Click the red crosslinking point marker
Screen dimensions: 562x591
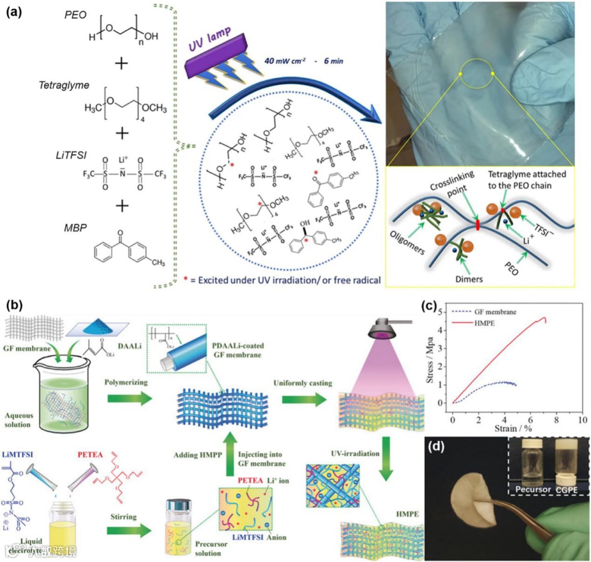click(x=477, y=224)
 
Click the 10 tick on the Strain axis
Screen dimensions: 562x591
click(x=582, y=418)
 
